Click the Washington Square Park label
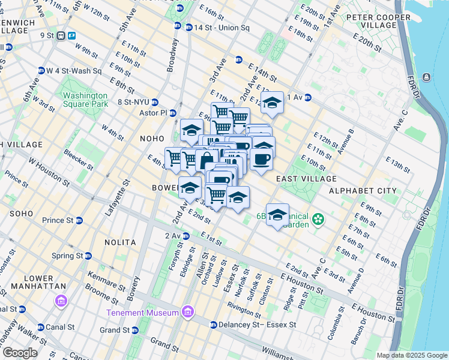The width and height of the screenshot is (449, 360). [85, 100]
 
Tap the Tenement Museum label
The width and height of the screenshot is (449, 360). [142, 313]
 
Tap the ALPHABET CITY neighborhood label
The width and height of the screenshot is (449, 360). [363, 190]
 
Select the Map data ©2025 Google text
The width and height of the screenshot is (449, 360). [411, 355]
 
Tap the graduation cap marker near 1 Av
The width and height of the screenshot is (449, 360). [272, 103]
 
